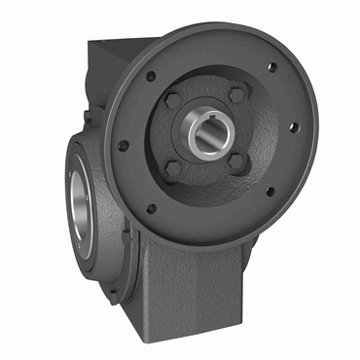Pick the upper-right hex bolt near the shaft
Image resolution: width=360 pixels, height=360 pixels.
click(236, 95)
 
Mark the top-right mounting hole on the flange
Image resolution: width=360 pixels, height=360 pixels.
click(271, 68)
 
